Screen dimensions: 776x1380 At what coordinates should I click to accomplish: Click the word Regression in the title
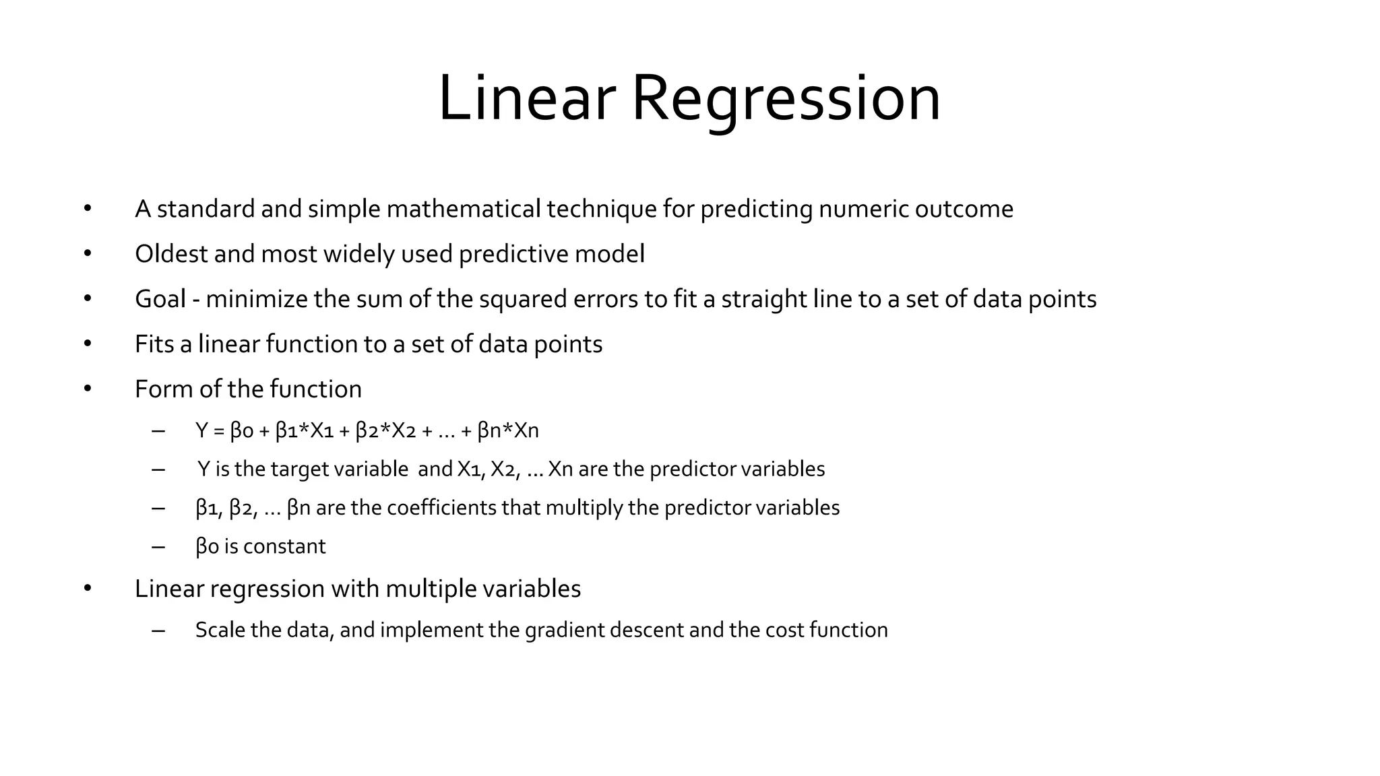point(785,99)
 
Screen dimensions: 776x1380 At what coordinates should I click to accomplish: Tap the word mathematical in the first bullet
point(463,209)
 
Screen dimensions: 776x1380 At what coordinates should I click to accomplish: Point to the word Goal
point(160,299)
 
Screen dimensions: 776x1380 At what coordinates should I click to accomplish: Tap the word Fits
point(154,344)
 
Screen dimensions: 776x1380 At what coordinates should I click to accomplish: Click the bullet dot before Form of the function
point(88,389)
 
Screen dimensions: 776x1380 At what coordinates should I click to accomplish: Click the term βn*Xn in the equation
point(508,430)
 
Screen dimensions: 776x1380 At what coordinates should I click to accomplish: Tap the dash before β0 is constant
point(158,546)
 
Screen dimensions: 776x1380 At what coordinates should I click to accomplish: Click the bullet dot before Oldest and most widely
point(88,254)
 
